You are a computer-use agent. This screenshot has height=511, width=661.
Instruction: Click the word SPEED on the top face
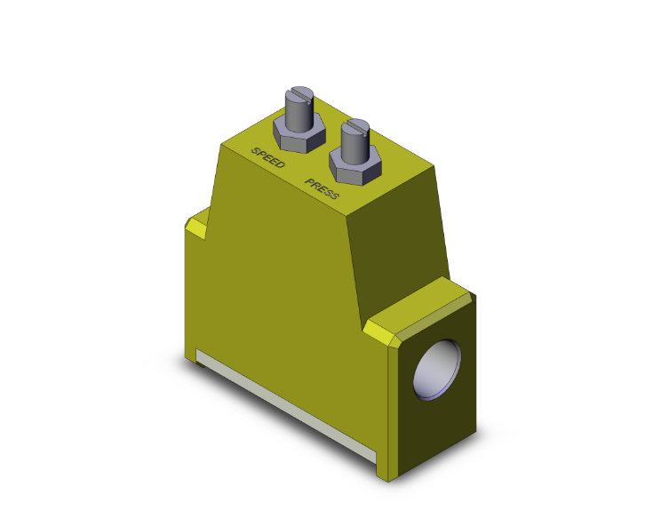(x=267, y=157)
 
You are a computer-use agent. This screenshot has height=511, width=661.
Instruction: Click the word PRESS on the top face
(x=321, y=188)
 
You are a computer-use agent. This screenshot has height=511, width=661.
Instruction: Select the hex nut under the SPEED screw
(x=297, y=134)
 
